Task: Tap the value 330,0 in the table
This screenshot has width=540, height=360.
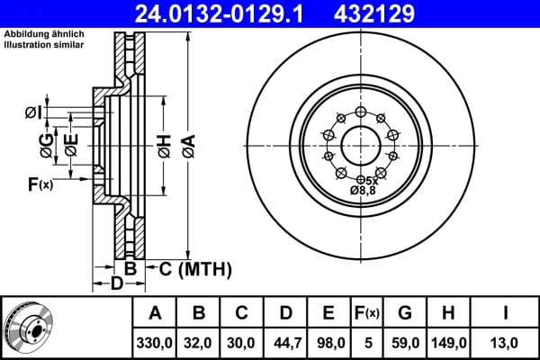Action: coord(155,341)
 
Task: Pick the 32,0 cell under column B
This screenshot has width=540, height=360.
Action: coord(199,341)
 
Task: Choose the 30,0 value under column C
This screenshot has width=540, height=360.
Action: coord(242,341)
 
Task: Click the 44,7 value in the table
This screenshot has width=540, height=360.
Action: coord(285,341)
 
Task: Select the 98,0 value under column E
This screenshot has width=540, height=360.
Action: coord(328,341)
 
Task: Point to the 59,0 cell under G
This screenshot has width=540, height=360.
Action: coord(405,341)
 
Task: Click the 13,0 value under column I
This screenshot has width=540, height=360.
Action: coord(507,341)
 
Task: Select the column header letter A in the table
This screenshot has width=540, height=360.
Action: coord(155,313)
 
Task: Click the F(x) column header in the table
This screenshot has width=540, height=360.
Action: coord(366,313)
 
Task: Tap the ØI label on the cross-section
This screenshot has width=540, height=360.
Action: coord(32,112)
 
